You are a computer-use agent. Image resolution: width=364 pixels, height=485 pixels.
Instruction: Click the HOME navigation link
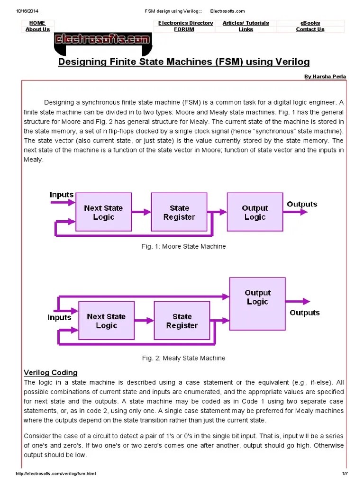[37, 23]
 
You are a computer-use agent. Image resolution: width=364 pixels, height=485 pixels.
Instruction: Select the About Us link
[37, 29]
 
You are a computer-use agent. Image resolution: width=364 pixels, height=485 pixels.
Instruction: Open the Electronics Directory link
[185, 23]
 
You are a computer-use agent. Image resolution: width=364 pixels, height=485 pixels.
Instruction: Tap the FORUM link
[184, 29]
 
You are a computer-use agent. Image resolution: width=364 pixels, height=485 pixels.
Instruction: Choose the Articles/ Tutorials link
[246, 23]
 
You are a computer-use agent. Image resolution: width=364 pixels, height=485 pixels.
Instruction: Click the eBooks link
[310, 23]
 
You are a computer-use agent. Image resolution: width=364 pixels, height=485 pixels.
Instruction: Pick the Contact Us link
[310, 29]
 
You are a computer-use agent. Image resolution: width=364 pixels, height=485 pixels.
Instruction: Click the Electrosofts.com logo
[102, 40]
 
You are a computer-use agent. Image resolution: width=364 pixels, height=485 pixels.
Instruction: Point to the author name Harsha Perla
[325, 76]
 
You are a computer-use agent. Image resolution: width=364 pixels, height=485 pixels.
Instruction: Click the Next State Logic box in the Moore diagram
[103, 212]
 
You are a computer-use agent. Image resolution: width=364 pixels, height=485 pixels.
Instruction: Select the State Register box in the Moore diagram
[179, 212]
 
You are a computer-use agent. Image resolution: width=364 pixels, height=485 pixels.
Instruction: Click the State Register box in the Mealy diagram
[182, 321]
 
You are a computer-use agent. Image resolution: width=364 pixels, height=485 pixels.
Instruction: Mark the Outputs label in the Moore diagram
[302, 204]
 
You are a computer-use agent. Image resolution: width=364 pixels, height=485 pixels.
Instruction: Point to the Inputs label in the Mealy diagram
[60, 317]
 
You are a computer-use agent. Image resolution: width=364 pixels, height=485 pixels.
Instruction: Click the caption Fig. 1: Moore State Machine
[184, 246]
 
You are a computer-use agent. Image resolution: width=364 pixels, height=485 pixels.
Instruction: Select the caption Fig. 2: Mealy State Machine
[184, 358]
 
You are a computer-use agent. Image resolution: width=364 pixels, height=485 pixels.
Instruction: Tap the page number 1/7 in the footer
[345, 474]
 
